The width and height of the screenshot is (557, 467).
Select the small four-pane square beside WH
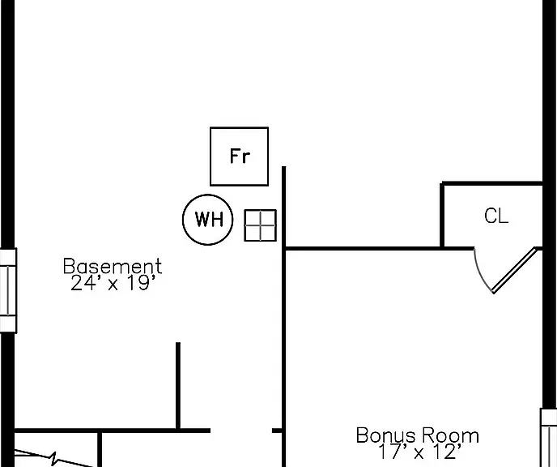click(261, 225)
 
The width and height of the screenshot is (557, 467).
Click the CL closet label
click(496, 216)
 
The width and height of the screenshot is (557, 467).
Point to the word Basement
click(113, 266)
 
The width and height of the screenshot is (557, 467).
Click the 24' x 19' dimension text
click(113, 284)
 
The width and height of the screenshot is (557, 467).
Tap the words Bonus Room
click(418, 435)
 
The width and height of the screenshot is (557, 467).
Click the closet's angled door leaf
click(514, 270)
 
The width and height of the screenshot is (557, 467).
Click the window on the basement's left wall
click(8, 290)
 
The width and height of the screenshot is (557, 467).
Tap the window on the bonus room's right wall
click(549, 438)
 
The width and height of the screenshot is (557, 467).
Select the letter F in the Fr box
click(234, 156)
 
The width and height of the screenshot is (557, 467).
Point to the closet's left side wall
click(442, 215)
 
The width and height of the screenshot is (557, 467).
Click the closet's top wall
click(491, 183)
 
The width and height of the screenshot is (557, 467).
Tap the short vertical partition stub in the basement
click(178, 386)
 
